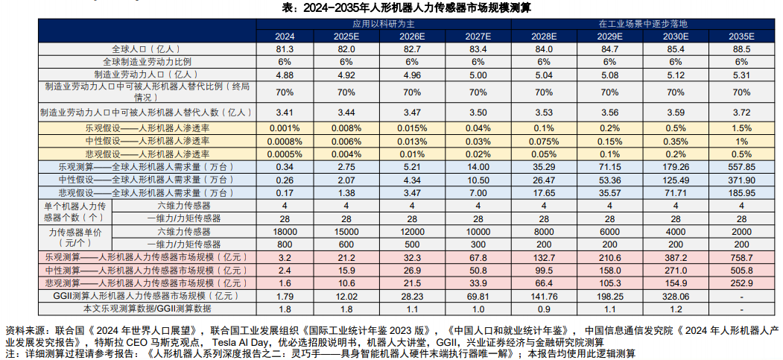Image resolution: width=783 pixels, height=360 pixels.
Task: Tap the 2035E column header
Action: [x=741, y=36]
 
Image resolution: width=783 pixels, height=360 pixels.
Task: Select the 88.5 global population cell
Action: [x=741, y=48]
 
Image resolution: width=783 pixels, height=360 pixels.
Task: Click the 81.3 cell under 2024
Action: [x=285, y=48]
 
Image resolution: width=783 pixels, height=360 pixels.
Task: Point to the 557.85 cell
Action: [x=741, y=166]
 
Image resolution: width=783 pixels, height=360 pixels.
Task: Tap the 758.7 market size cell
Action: [x=741, y=257]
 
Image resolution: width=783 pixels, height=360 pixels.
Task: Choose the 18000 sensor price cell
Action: [x=285, y=231]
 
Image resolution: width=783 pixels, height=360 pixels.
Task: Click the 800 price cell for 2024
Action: [x=285, y=244]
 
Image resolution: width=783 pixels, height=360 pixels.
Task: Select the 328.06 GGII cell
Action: [x=676, y=295]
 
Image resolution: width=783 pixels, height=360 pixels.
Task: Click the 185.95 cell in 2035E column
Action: [x=741, y=192]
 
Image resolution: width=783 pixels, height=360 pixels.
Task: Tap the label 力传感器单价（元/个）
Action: [x=72, y=237]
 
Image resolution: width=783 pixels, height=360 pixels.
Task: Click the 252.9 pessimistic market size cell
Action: [x=741, y=282]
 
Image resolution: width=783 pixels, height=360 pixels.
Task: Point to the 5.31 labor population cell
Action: [x=741, y=75]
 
